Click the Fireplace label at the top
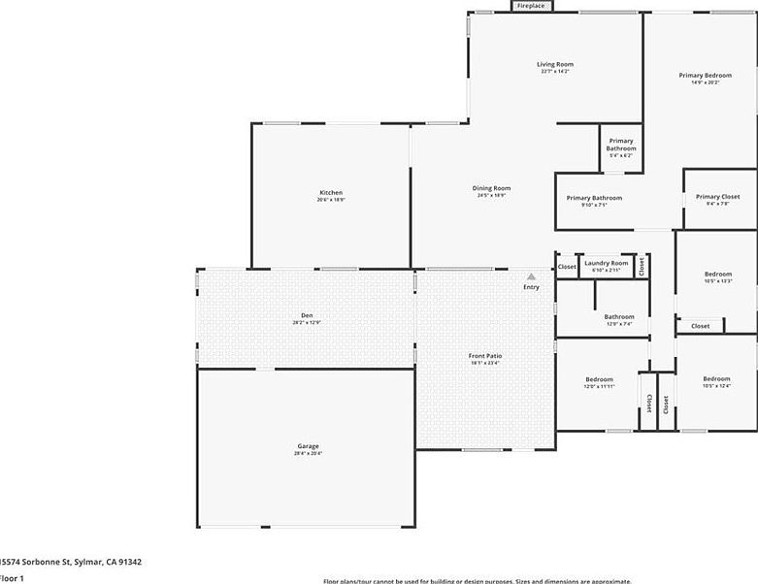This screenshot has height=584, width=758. coord(531,6)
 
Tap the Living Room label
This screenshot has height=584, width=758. coord(555,65)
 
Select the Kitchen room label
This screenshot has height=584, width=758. coord(331,193)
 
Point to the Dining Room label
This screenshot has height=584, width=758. coord(492,188)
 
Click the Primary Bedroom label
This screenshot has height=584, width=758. coord(705,75)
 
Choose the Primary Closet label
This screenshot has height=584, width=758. coord(717,197)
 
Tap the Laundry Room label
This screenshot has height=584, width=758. coord(606,263)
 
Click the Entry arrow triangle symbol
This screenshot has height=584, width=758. coord(531,276)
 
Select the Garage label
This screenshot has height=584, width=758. coord(308,446)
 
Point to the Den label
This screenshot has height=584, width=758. coord(307,315)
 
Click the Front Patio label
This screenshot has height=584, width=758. coord(487,356)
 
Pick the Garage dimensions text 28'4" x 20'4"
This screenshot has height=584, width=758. coord(308,454)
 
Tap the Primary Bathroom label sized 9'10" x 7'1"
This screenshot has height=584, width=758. coord(594,198)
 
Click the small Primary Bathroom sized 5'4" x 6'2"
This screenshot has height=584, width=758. coord(621,145)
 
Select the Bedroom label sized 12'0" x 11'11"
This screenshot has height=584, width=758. coord(599,379)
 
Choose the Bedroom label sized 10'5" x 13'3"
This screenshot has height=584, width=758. coord(718,275)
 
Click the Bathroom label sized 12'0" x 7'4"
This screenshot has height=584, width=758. coord(619,316)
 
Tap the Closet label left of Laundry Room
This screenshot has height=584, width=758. coord(567,266)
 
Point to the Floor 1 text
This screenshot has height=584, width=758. coord(11,578)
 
